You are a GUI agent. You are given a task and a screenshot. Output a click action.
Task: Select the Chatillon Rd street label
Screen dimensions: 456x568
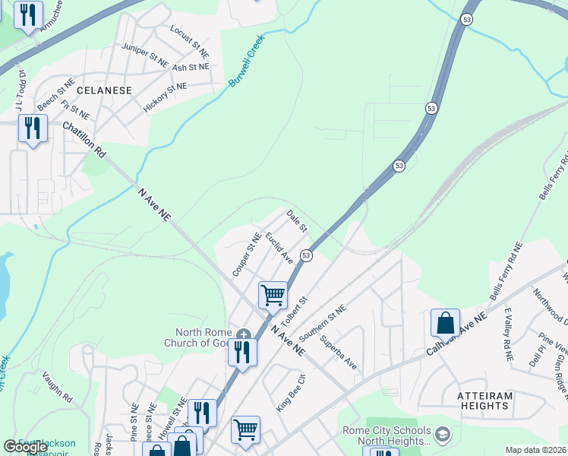(x=84, y=138)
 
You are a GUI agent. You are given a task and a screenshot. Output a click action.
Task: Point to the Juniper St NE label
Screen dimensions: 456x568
(x=145, y=55)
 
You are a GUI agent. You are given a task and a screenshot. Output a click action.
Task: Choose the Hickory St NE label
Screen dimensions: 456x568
(x=165, y=97)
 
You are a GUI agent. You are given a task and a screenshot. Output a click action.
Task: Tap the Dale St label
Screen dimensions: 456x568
(x=296, y=221)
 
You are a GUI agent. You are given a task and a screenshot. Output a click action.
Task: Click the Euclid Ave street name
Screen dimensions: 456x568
(x=279, y=248)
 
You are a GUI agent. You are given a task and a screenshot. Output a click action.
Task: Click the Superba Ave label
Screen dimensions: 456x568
(x=338, y=353)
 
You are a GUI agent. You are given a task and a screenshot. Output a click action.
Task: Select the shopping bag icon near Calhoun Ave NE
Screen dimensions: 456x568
(x=445, y=323)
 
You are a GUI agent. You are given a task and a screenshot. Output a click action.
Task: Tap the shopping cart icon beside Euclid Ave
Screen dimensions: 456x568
(x=273, y=294)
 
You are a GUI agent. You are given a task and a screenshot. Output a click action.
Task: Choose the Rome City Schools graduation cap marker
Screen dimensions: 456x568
(x=443, y=435)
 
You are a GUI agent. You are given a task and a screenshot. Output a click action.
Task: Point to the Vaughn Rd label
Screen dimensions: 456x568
(x=57, y=388)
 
